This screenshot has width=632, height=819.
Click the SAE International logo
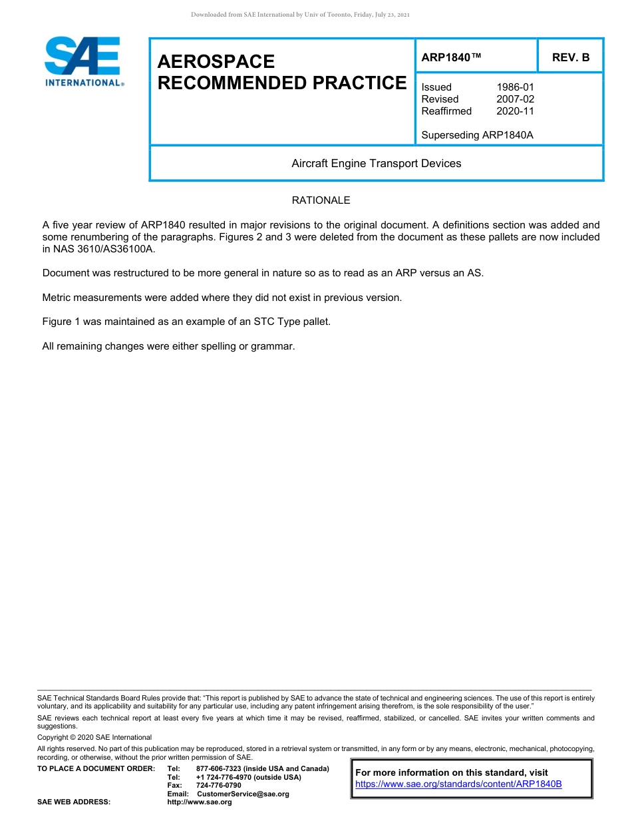82,61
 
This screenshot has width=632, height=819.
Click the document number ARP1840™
450,58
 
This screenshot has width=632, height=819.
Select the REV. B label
571,58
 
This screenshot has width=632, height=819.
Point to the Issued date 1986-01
515,87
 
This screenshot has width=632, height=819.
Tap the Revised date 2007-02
515,99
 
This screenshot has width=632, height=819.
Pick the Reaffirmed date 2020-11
515,111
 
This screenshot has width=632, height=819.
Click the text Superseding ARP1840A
477,135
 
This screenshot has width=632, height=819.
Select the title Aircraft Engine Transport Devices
376,164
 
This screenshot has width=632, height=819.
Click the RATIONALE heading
321,200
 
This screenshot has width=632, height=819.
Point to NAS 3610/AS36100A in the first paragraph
103,249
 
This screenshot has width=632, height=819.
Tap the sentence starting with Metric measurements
222,298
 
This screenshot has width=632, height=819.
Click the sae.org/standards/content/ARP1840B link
458,784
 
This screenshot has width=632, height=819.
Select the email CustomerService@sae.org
243,794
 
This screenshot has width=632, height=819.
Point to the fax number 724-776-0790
218,786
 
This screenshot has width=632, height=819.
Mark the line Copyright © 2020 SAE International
94,737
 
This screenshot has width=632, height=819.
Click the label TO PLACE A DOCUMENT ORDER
96,769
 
